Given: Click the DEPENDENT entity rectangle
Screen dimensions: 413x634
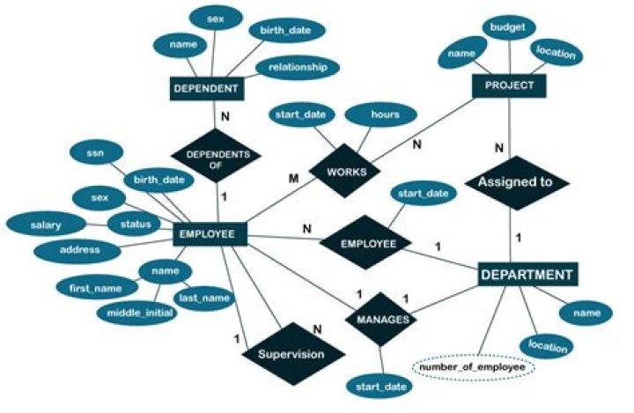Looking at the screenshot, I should [206, 89].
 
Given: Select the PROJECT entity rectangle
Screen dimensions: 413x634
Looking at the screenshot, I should [510, 85].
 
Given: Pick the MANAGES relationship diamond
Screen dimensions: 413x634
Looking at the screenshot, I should [380, 320].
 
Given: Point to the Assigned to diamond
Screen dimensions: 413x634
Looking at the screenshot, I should [515, 183].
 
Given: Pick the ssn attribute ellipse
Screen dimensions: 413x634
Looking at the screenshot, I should [94, 153].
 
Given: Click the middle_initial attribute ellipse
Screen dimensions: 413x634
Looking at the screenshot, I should [135, 312].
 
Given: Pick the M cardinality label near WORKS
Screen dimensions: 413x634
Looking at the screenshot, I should [295, 180].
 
